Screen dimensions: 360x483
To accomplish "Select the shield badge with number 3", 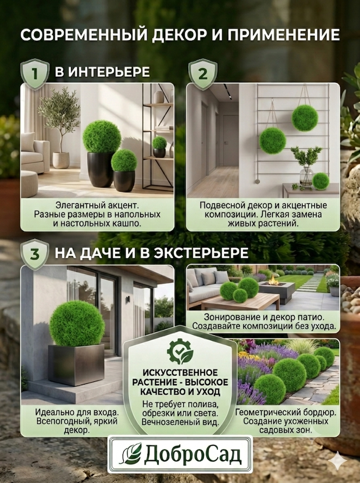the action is [35, 254].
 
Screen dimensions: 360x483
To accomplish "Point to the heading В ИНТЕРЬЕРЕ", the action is [102, 72].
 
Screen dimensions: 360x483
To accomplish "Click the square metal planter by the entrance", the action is [76, 365].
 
